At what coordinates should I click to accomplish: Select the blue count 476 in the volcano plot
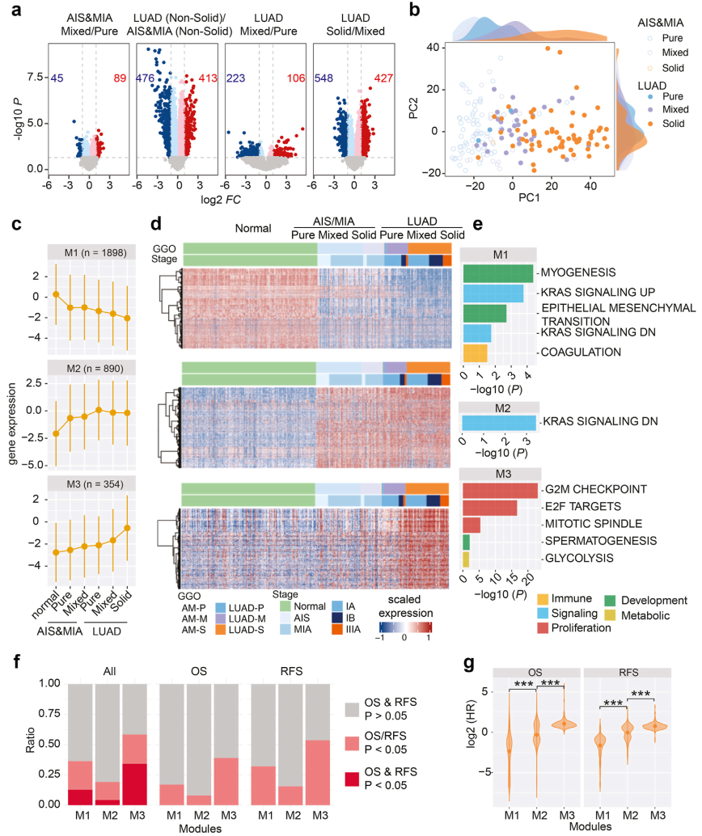[x=146, y=78]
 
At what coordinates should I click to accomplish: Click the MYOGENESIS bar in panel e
[x=497, y=273]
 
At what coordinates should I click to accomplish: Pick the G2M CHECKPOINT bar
[x=499, y=490]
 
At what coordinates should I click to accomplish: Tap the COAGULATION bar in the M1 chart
[x=476, y=353]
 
